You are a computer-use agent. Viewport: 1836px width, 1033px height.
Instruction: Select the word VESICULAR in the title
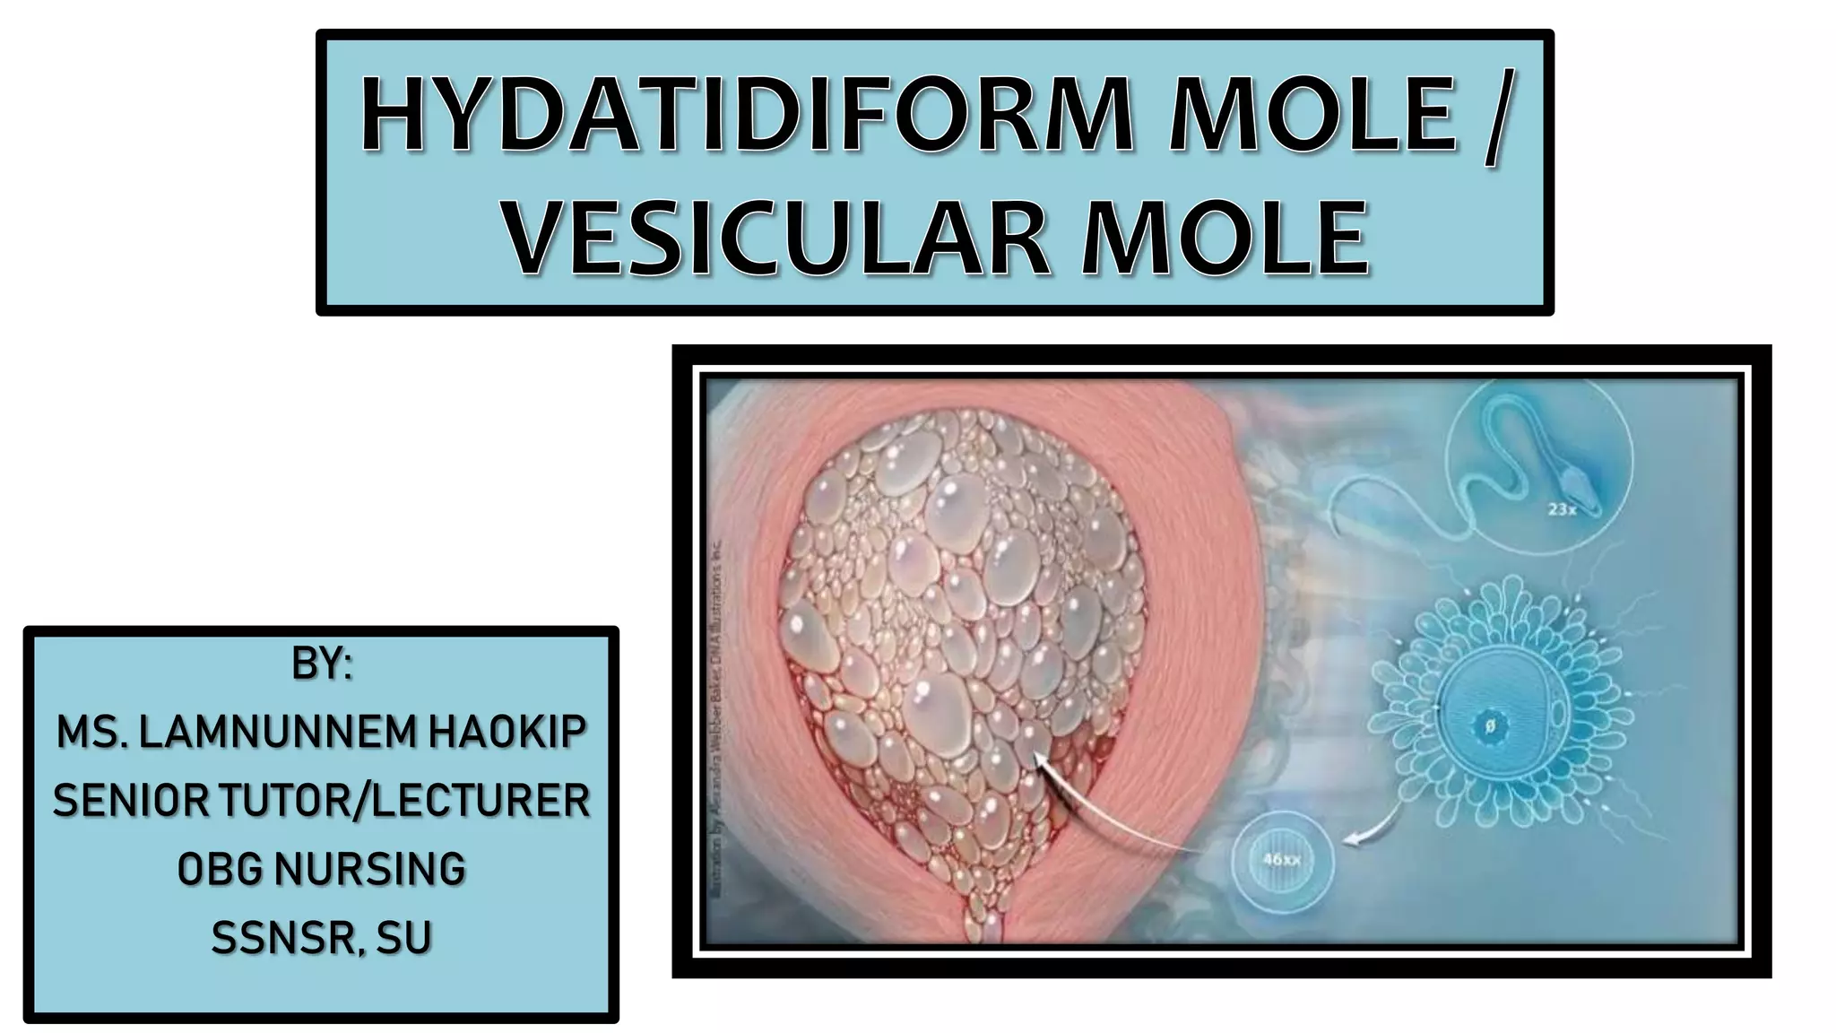pos(775,238)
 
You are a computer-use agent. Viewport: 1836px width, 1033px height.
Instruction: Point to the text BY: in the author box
pos(321,664)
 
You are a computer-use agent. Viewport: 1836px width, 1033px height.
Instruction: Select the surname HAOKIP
pos(507,733)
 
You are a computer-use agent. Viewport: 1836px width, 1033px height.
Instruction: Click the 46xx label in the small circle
pos(1282,860)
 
